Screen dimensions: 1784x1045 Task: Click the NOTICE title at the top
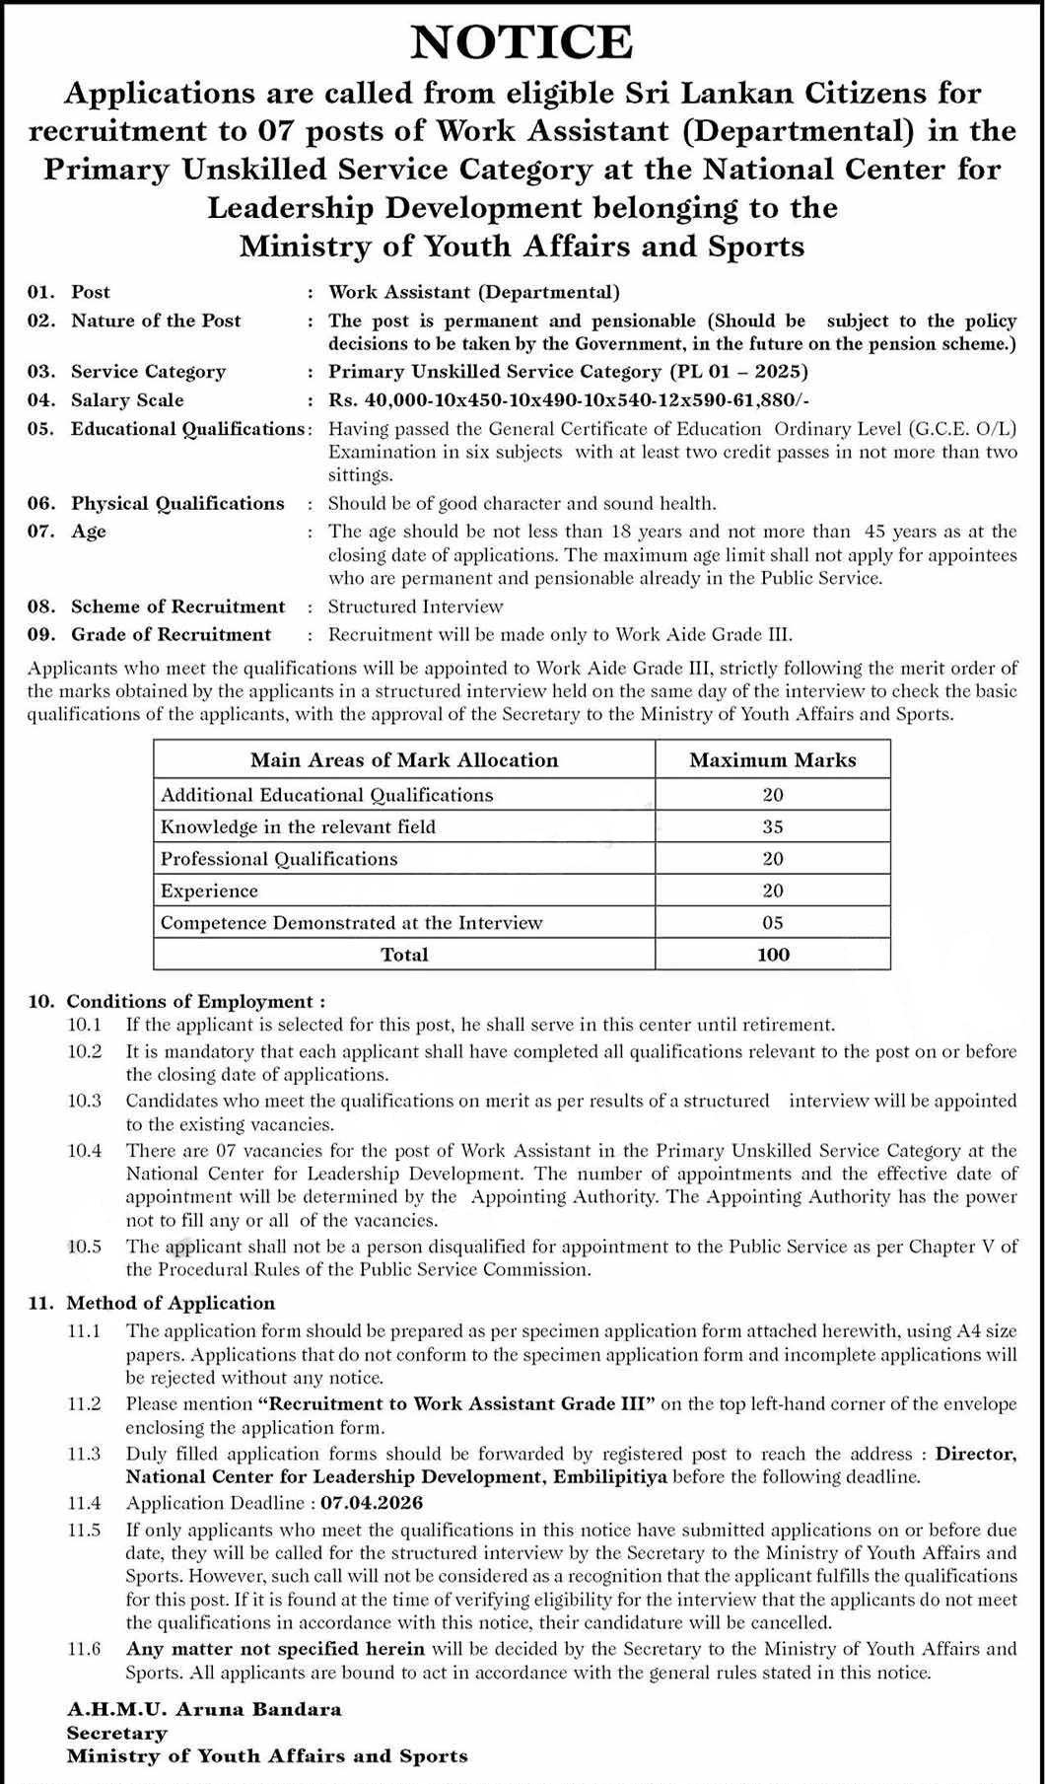coord(522,43)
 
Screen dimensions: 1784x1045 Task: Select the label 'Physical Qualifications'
coord(177,504)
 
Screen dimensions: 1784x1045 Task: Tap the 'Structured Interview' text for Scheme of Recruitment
coord(415,607)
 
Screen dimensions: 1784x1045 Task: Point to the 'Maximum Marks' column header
coord(772,760)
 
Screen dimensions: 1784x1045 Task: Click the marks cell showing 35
coord(772,826)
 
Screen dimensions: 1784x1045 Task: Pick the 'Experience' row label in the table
coord(209,891)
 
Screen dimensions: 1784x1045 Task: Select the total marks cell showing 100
coord(772,955)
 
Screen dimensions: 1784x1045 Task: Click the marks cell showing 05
coord(772,923)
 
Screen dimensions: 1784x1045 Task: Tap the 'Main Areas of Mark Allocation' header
coord(404,760)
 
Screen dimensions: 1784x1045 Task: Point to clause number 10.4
coord(85,1151)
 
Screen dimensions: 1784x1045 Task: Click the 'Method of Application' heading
coord(171,1304)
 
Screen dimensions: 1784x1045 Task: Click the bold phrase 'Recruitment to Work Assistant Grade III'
coord(456,1404)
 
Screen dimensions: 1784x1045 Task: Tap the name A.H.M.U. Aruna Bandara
coord(204,1709)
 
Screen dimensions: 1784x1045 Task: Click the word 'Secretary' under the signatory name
coord(116,1733)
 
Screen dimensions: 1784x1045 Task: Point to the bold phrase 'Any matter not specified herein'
coord(275,1649)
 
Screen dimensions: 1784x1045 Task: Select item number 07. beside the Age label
coord(40,532)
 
